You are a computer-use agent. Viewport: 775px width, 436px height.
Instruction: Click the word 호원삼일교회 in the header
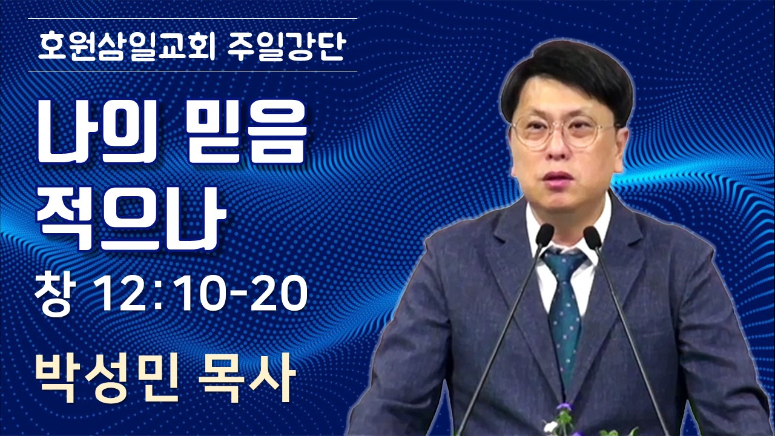pos(127,47)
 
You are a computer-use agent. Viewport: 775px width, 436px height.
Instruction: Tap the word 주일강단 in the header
pos(286,47)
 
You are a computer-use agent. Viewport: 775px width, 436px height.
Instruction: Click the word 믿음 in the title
pos(246,132)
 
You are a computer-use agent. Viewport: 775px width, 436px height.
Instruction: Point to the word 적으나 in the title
pos(131,219)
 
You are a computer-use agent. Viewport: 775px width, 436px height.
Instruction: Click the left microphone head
pos(544,235)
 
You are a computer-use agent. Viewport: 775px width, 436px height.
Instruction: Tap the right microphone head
pos(592,237)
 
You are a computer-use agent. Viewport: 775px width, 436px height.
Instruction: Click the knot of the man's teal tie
pos(564,263)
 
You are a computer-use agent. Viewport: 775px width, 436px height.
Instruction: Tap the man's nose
pos(556,149)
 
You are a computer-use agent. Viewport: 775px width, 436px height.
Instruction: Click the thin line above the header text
pos(193,18)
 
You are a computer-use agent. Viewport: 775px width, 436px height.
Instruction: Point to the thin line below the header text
pos(193,71)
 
